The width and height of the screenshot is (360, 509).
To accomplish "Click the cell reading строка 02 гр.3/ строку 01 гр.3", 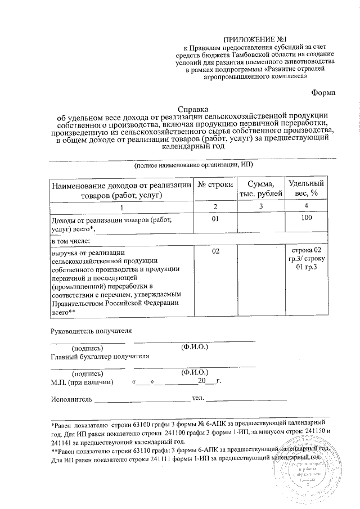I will [306, 258].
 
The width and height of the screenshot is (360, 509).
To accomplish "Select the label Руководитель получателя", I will [92, 330].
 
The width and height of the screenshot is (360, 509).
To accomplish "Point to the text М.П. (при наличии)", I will [82, 382].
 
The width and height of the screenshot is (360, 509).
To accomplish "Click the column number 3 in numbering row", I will [258, 207].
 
